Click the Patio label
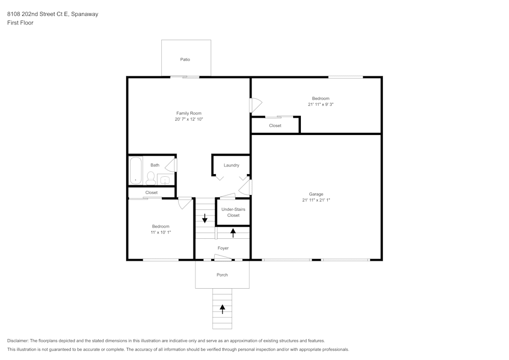185,60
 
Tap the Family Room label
189,113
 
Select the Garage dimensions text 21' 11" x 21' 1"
316,200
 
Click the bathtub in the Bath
135,170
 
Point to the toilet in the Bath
151,178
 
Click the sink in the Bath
165,179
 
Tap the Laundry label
231,165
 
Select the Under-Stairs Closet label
233,212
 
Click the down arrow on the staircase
205,218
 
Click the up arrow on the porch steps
222,309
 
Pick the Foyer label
223,248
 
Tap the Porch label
222,275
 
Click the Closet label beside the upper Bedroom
275,126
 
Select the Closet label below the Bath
151,192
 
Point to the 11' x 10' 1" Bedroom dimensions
160,232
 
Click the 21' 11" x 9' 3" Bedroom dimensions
321,104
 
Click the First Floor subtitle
20,23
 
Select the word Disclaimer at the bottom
18,341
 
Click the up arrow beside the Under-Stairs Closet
233,233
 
